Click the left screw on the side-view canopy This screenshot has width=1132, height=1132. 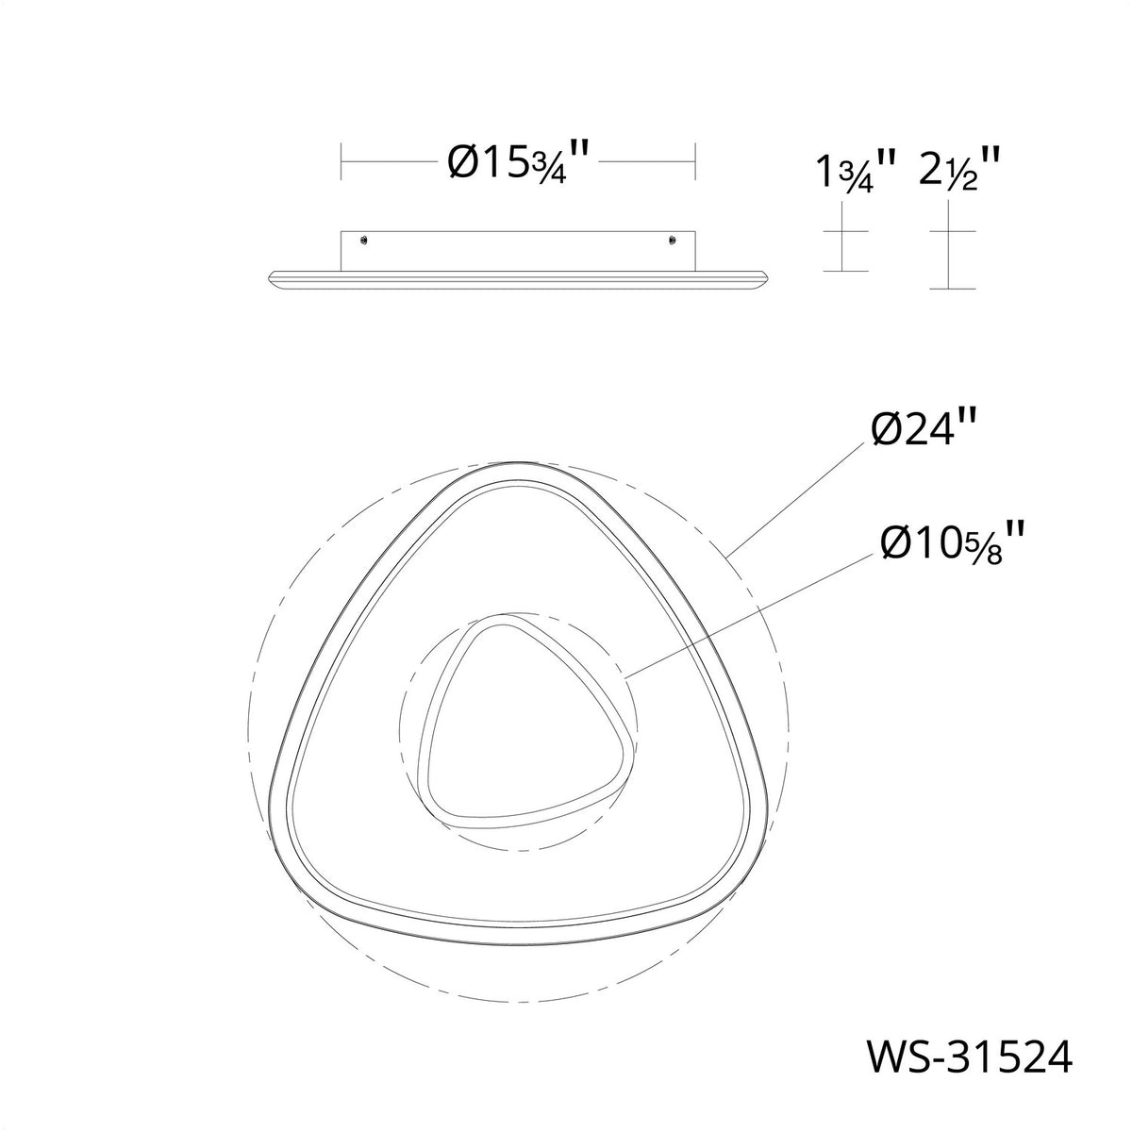pos(365,239)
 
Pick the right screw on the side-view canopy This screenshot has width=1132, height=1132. pos(672,239)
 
